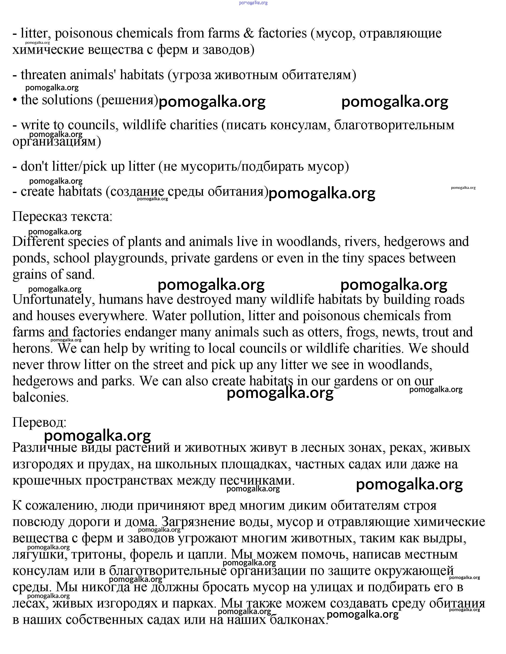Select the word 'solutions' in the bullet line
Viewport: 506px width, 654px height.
coord(67,100)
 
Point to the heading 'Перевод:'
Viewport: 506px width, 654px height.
coord(39,423)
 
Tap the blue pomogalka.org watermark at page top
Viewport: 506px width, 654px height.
coord(253,3)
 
